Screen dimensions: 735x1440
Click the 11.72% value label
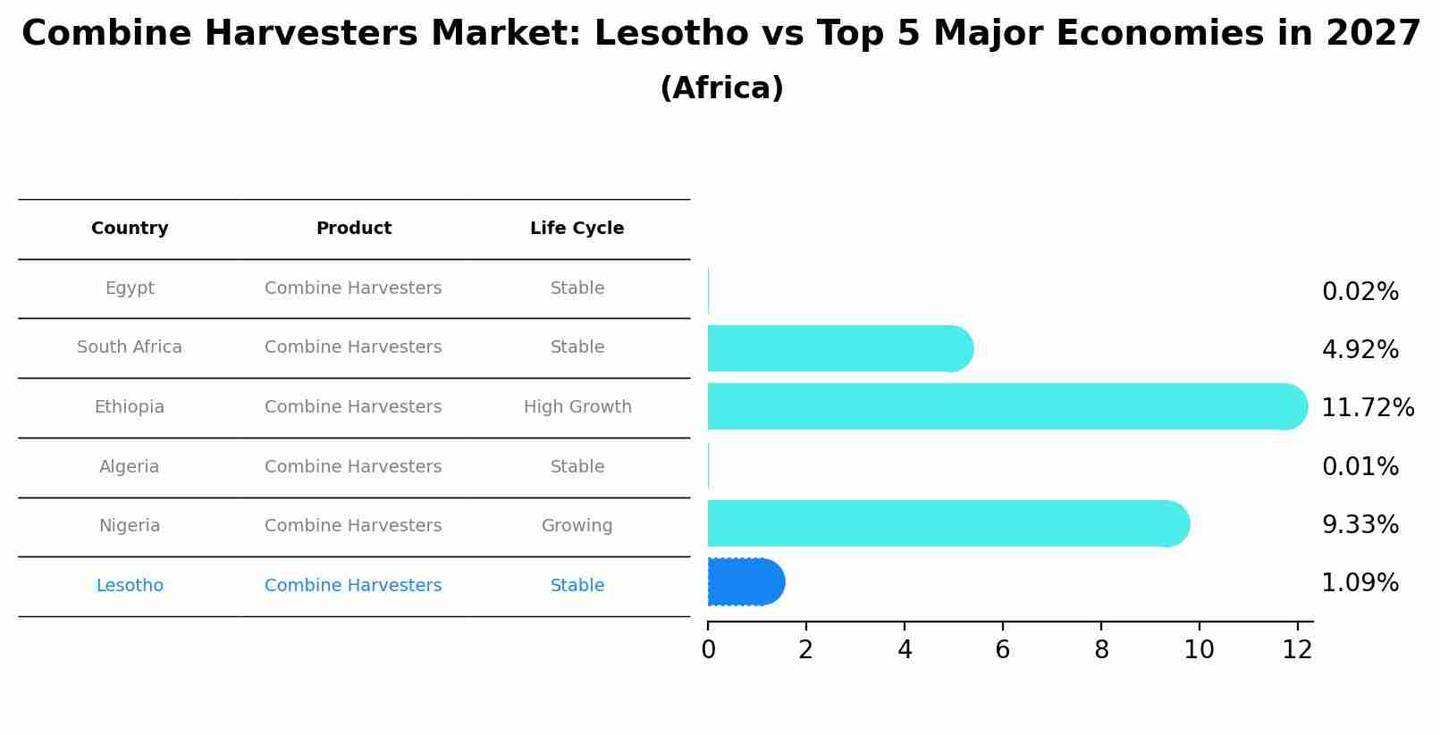[x=1367, y=408]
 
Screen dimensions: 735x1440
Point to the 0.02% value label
[x=1360, y=292]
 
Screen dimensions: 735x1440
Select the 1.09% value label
[x=1360, y=583]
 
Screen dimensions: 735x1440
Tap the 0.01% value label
[x=1360, y=467]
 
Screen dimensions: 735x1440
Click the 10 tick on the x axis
[x=1199, y=650]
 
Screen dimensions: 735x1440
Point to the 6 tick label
[x=1002, y=650]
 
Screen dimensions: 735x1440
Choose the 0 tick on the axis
[x=708, y=650]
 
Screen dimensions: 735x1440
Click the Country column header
[x=130, y=229]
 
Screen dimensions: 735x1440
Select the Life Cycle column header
[x=577, y=229]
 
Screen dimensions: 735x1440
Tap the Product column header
[x=353, y=229]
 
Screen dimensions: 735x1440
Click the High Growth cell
[x=577, y=407]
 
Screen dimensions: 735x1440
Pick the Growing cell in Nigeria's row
[x=577, y=526]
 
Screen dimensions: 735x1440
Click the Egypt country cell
[x=130, y=288]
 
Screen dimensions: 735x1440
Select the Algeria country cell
[x=130, y=467]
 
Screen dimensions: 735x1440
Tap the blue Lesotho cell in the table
[x=130, y=586]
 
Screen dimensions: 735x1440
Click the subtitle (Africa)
[x=721, y=88]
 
